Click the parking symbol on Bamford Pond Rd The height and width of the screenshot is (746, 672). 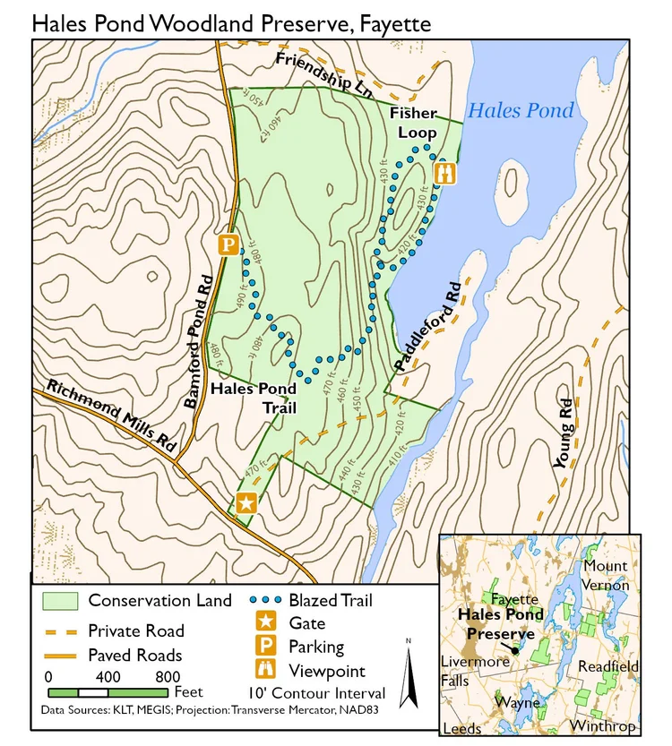(228, 244)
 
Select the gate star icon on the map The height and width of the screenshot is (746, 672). (246, 502)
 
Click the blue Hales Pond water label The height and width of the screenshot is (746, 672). (521, 111)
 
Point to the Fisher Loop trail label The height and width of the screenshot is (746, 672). (413, 123)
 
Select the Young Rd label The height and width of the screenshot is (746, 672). (563, 433)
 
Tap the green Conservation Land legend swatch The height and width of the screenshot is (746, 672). (60, 601)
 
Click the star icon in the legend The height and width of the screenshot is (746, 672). (266, 623)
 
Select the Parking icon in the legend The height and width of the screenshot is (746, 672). (266, 647)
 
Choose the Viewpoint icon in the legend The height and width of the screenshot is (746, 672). (266, 670)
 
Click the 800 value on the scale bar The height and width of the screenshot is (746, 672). (167, 676)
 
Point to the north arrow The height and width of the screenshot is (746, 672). (408, 672)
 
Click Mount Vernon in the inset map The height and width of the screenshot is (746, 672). (606, 575)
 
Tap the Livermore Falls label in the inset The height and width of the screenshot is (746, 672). (475, 671)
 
